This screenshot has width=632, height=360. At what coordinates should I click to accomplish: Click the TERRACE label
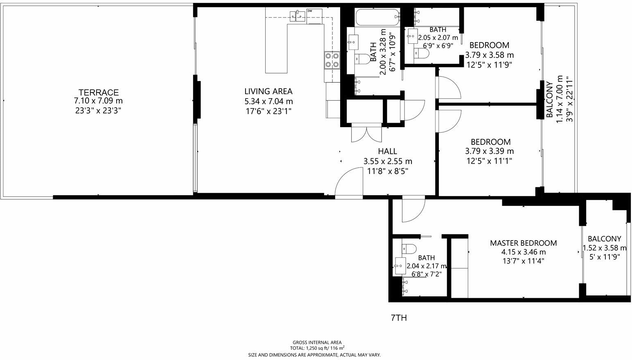click(99, 92)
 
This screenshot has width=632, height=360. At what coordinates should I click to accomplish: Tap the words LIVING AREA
click(268, 92)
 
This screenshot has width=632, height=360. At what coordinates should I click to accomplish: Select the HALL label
click(387, 151)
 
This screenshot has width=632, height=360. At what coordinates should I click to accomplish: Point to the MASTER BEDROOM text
click(523, 243)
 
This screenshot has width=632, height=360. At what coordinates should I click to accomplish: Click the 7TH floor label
click(399, 318)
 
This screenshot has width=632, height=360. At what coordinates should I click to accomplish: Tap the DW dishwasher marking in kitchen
click(309, 11)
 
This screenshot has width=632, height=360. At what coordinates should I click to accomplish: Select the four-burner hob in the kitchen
click(332, 60)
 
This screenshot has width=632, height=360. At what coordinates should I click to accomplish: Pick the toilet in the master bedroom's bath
click(409, 248)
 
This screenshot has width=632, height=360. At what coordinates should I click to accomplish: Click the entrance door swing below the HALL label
click(349, 184)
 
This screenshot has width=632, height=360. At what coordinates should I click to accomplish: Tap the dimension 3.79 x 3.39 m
click(490, 151)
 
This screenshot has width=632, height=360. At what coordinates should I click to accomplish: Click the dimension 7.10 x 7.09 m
click(98, 101)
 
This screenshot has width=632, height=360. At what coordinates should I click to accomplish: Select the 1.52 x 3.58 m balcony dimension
click(604, 248)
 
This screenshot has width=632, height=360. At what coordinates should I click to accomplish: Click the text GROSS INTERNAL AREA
click(317, 342)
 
